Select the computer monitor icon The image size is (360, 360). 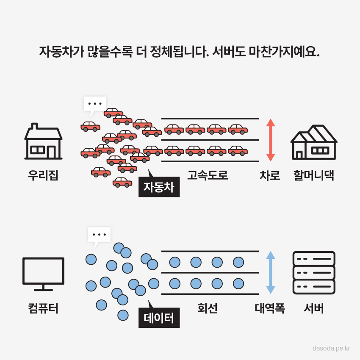click(x=43, y=274)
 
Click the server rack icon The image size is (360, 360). click(x=314, y=273)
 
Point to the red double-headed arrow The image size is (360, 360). click(x=271, y=140)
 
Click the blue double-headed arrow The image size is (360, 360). click(x=271, y=273)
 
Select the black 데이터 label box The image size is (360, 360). click(x=159, y=318)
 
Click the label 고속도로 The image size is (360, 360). click(x=208, y=175)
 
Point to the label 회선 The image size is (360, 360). click(x=208, y=308)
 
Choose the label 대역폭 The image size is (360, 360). click(x=270, y=308)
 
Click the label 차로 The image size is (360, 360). click(x=270, y=175)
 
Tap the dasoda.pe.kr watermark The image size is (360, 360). click(x=331, y=349)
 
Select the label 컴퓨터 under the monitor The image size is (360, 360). click(x=43, y=308)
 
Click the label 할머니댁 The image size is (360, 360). click(x=314, y=175)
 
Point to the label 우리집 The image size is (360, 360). click(x=43, y=175)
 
